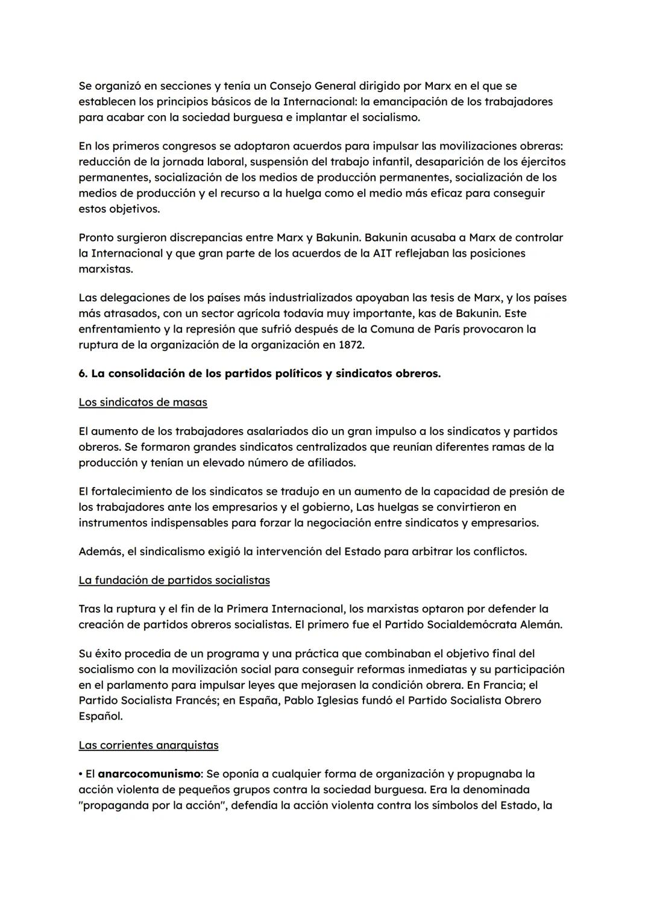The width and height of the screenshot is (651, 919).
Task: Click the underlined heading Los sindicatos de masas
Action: pos(143,402)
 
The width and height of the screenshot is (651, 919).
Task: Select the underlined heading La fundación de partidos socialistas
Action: pos(174,580)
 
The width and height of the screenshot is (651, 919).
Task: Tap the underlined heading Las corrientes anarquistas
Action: pos(148,745)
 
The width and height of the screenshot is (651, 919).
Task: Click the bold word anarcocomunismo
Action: pos(149,773)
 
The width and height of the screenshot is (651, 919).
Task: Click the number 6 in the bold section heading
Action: pos(82,374)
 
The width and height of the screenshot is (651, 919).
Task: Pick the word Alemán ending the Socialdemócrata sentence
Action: pos(541,624)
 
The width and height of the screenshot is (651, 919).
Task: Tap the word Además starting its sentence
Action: pos(99,551)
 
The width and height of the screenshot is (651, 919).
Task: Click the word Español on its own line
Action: pos(100,716)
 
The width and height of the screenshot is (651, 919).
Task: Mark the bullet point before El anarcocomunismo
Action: pos(81,773)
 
